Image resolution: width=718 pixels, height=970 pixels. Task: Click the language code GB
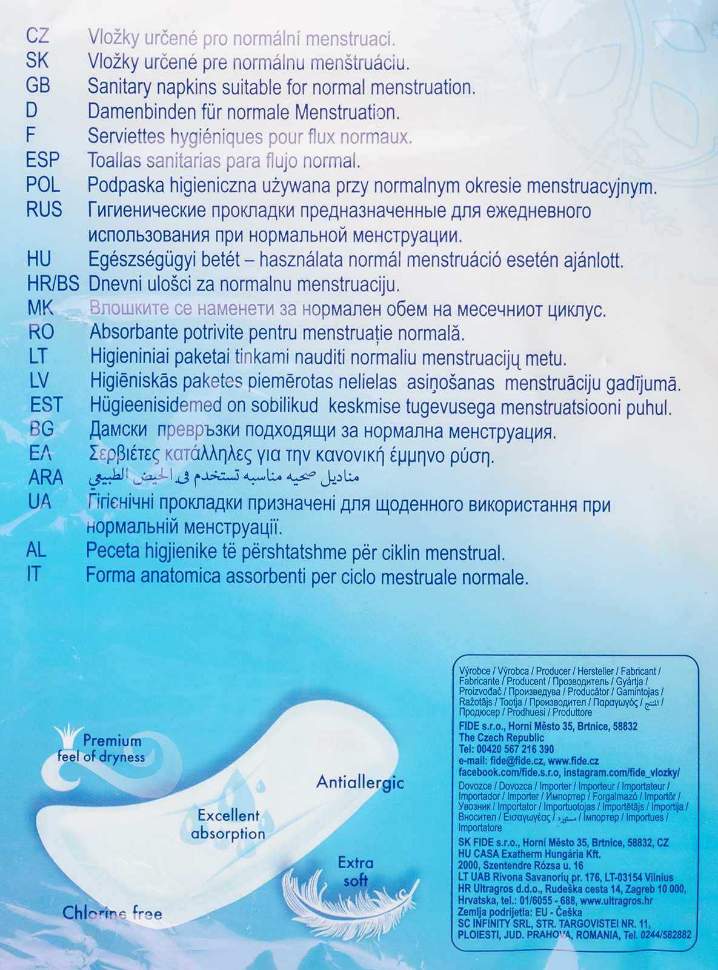tap(38, 85)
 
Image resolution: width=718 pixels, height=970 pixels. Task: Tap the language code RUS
tap(44, 210)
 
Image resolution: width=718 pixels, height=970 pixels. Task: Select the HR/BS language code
tap(53, 284)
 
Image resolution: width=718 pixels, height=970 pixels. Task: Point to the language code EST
tap(46, 404)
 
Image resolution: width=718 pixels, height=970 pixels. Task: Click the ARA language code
tap(46, 478)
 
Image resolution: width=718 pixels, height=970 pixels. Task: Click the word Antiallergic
tap(360, 783)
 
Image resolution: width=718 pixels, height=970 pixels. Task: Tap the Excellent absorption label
tap(228, 824)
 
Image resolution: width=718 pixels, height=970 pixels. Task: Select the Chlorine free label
tap(112, 914)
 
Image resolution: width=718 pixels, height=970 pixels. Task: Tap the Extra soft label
tap(356, 871)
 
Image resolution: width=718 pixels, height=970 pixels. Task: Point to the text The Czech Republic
tap(501, 738)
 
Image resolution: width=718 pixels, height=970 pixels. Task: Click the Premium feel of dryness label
tap(102, 749)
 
